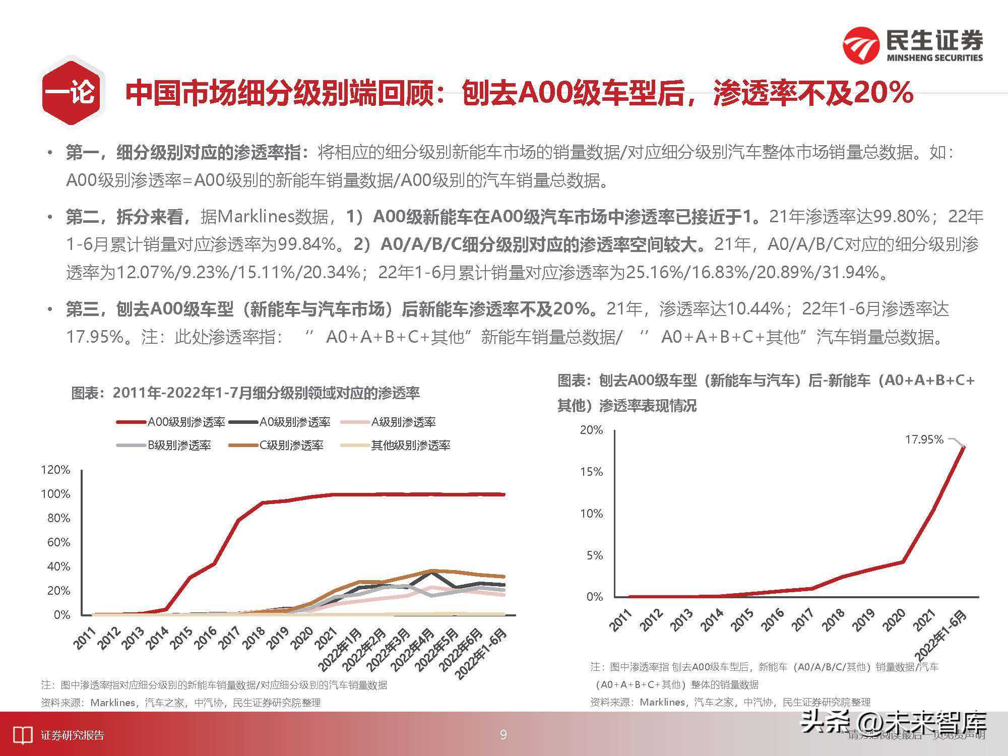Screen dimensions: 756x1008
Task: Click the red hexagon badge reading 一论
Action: coord(72,92)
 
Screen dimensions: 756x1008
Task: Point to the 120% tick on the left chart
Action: coord(55,470)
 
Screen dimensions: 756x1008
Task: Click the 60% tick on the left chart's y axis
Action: coord(58,542)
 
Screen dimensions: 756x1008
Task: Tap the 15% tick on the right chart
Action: coord(592,472)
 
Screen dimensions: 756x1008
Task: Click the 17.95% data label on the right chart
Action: coord(924,439)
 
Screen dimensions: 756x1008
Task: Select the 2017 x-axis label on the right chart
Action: coord(803,620)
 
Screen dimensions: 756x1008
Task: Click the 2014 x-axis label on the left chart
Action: coord(157,638)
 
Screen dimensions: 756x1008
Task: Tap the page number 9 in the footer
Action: coord(503,735)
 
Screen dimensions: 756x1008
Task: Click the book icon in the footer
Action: coord(22,735)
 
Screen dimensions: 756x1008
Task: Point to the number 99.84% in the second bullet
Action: coord(307,244)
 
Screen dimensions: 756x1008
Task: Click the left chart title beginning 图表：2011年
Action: coord(245,393)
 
